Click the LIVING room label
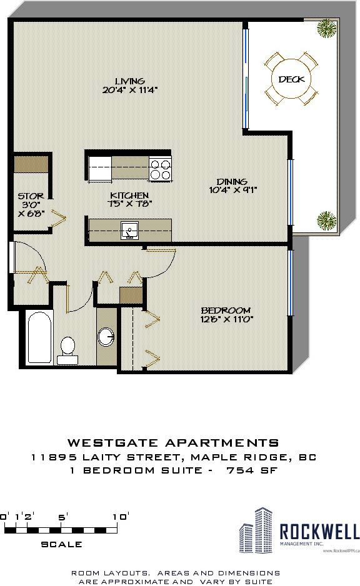pos(130,81)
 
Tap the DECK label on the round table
pos(291,79)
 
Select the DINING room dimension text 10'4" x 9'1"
pos(232,190)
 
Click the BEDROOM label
pos(226,310)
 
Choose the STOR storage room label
pos(31,196)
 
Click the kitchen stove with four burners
pos(160,168)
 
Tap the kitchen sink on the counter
pos(129,230)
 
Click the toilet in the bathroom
pos(67,348)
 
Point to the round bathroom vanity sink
pos(106,337)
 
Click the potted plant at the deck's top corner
pos(325,28)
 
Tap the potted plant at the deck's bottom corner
pos(326,219)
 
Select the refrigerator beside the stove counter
pos(100,169)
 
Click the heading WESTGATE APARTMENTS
pos(173,443)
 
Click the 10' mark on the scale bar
pos(121,517)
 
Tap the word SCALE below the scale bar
pos(61,544)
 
